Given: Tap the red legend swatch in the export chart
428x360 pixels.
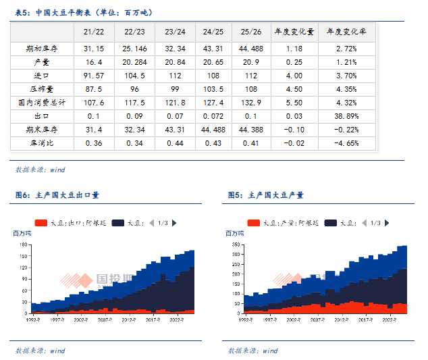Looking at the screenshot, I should [x=41, y=223].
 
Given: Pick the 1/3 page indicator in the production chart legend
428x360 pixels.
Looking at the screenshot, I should [x=375, y=223].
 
